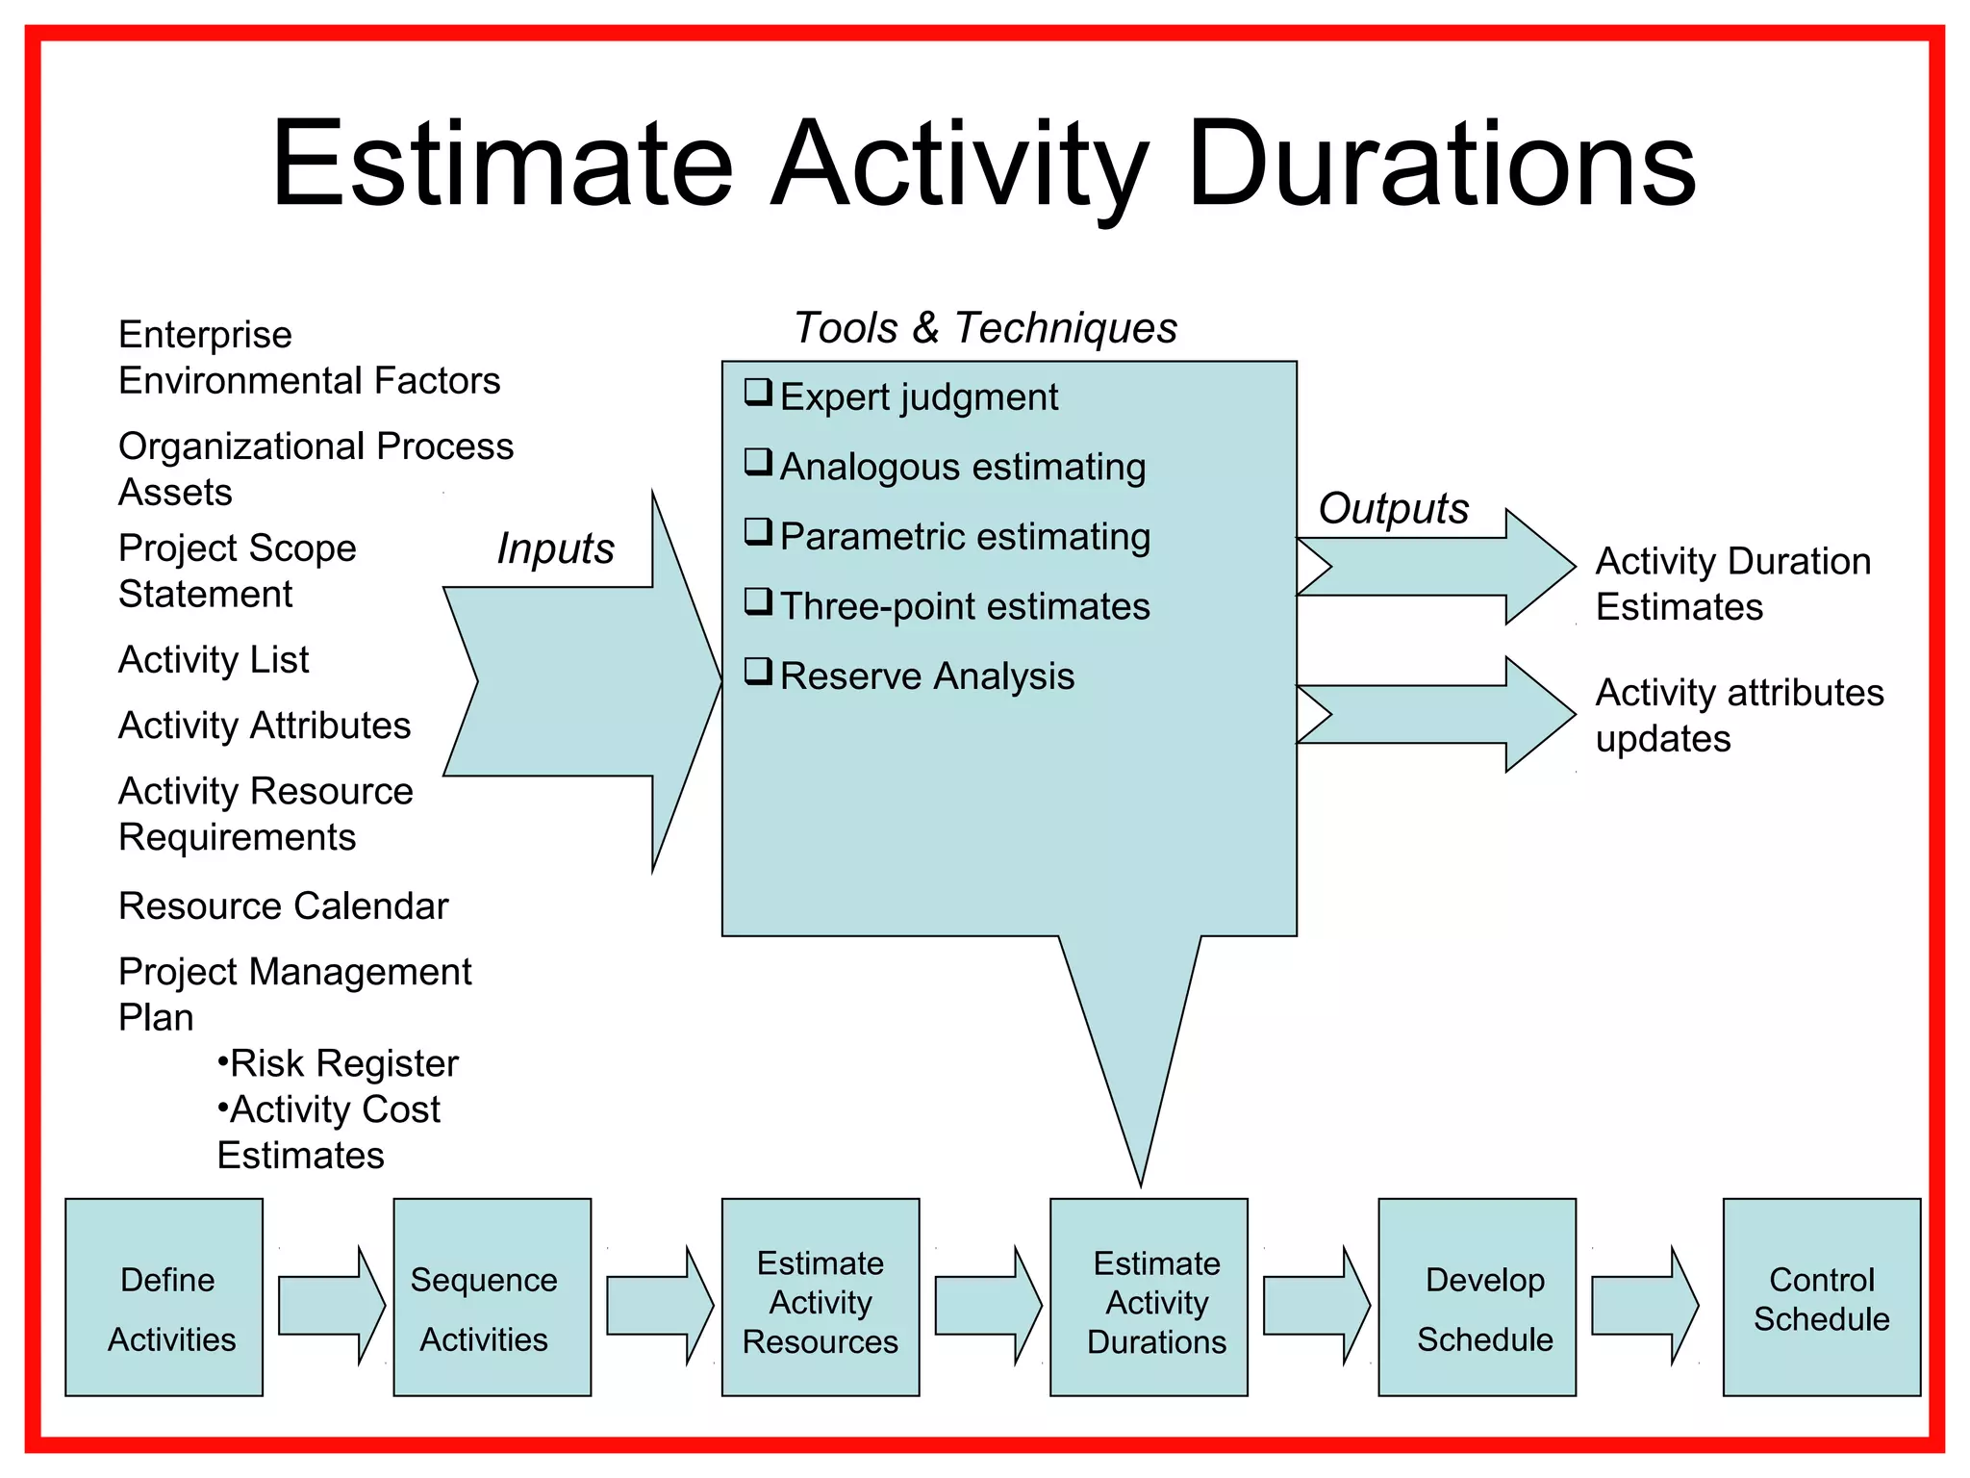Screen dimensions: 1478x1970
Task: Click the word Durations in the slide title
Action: coord(1441,166)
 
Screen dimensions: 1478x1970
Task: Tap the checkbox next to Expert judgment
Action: coord(758,393)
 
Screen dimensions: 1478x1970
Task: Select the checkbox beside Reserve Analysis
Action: coord(758,671)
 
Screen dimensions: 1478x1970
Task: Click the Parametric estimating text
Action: coord(965,537)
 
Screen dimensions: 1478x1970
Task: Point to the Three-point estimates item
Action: coord(965,607)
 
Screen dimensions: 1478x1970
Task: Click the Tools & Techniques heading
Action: coord(985,328)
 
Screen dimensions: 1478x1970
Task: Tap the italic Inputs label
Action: coord(555,549)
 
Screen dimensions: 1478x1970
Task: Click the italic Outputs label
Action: coord(1393,509)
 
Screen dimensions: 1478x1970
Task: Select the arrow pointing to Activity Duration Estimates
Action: coord(1443,567)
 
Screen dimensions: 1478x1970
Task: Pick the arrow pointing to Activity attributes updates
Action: coord(1443,714)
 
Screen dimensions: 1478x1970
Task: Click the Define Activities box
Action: coord(164,1297)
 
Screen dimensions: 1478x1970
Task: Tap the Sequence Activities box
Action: coord(492,1297)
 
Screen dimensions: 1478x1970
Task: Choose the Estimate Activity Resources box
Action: coord(821,1297)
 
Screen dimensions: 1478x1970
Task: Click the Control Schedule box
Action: coord(1821,1297)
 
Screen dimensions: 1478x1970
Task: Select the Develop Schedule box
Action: coord(1477,1297)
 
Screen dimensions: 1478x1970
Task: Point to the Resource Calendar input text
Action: coord(283,906)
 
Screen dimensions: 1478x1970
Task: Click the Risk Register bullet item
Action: coord(339,1064)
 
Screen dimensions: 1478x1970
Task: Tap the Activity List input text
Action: coord(214,660)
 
